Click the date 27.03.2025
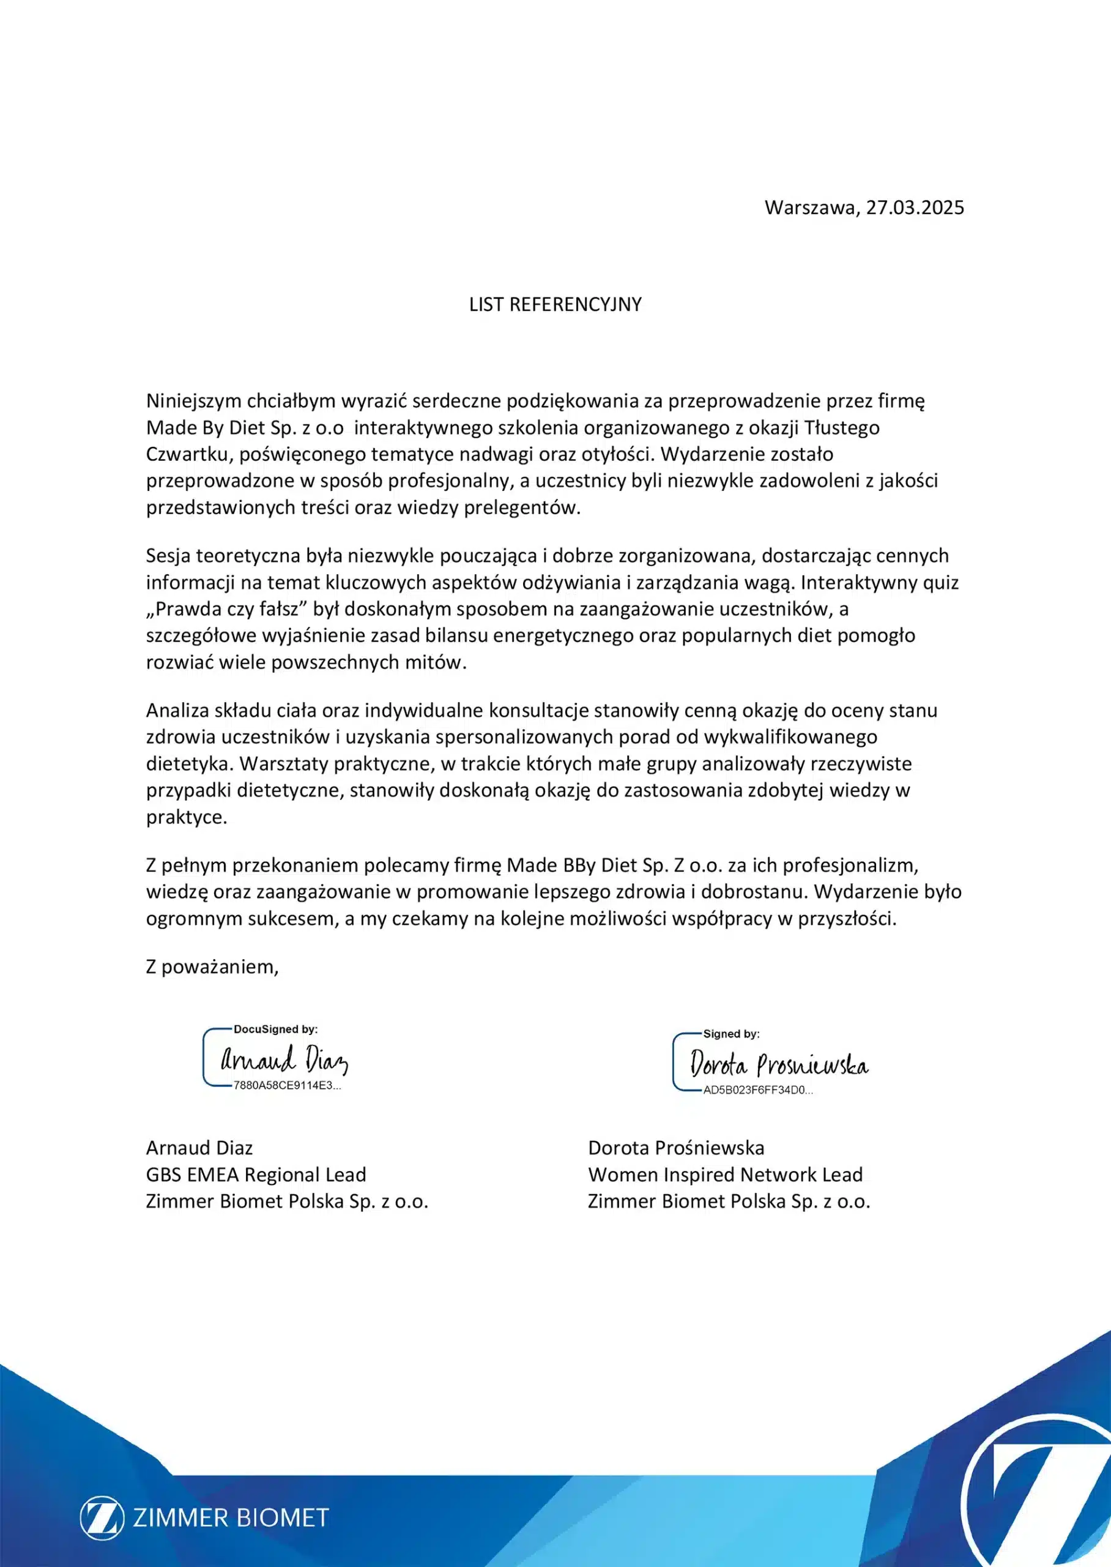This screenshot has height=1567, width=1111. [915, 208]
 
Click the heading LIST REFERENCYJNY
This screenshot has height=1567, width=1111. [555, 304]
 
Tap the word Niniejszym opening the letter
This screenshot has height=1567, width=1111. [193, 401]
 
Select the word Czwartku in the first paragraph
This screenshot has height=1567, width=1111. [189, 454]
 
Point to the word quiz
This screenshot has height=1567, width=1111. [941, 582]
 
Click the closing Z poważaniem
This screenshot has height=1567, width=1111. [212, 967]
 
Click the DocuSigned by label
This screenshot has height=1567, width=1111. [275, 1029]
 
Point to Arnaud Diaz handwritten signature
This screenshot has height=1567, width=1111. [283, 1060]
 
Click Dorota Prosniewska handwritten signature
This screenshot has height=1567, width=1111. [779, 1064]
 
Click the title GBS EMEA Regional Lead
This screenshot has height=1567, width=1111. [256, 1175]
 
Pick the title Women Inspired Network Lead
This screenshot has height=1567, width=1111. [725, 1175]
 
